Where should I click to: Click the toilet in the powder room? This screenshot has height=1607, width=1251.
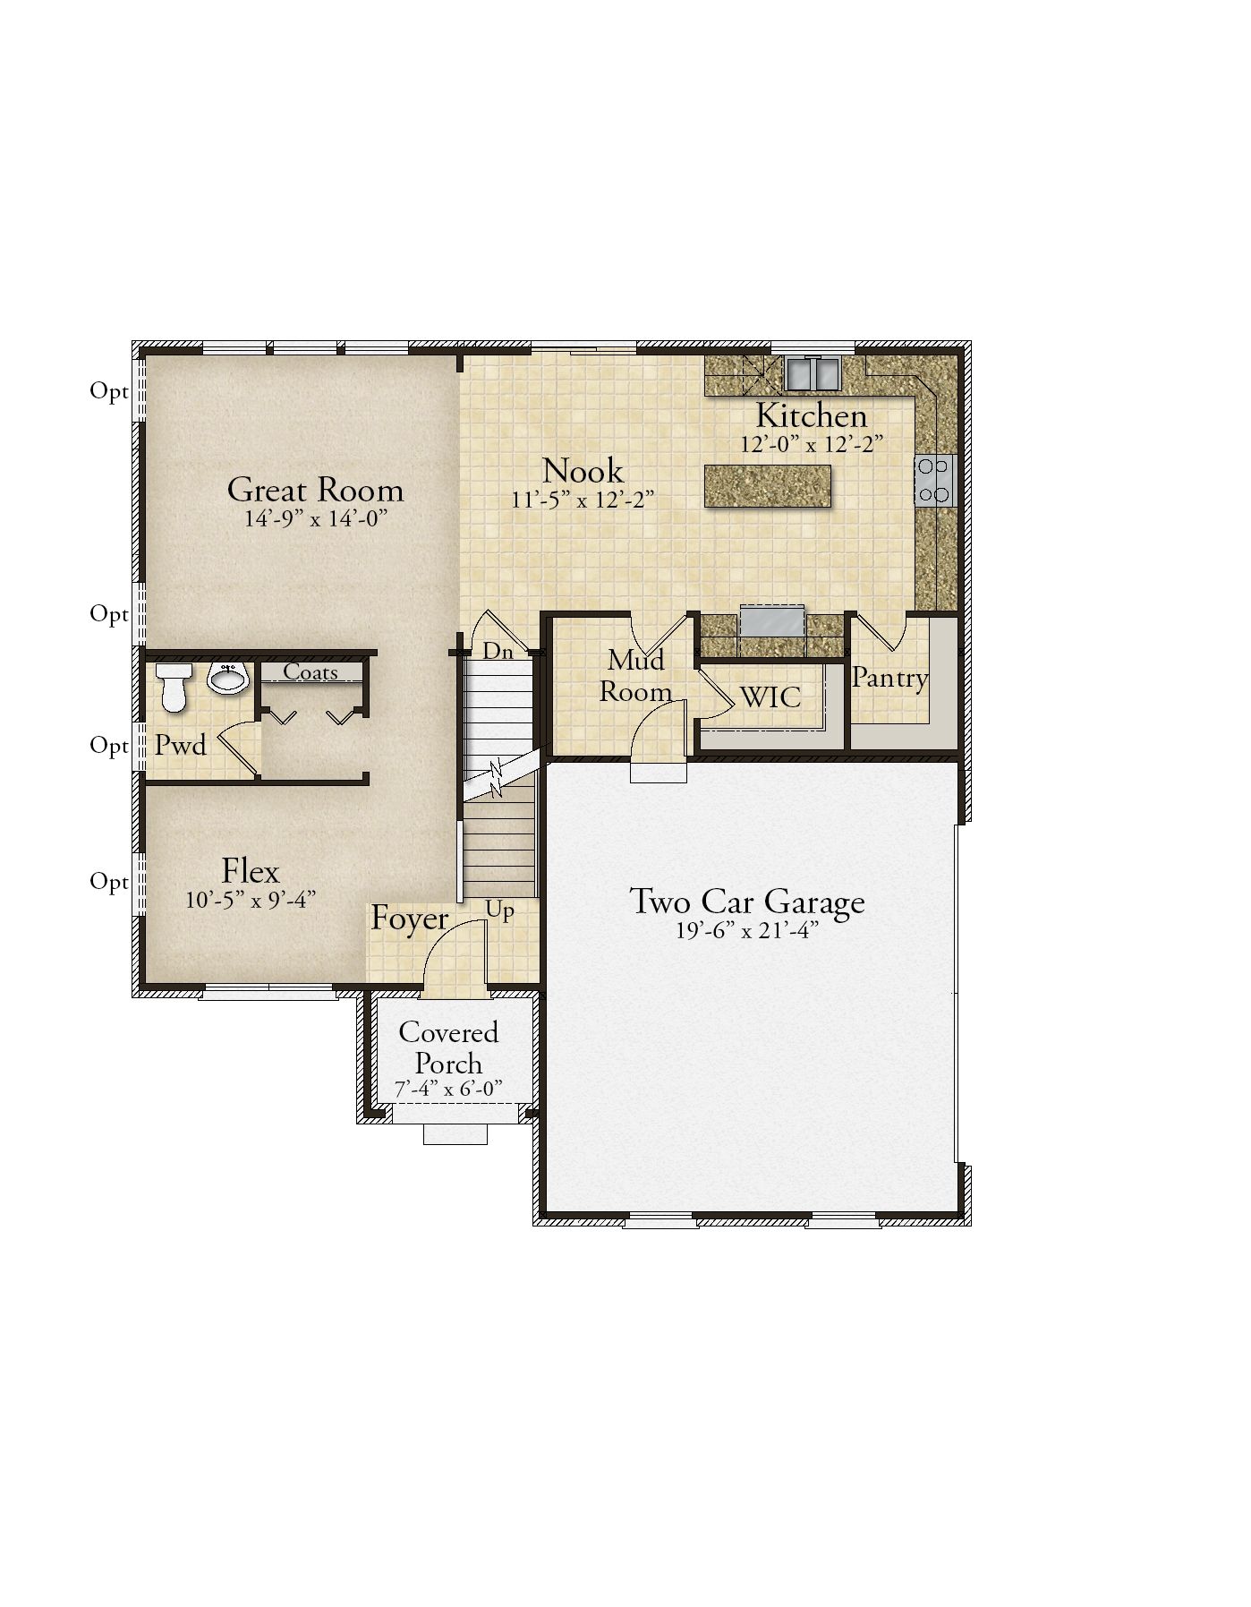(x=172, y=687)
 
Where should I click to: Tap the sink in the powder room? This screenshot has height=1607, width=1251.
(x=229, y=678)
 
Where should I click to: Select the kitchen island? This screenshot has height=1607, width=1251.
(x=768, y=486)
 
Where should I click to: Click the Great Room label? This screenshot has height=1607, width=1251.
(x=315, y=490)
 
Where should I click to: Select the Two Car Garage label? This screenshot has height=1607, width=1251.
(x=747, y=901)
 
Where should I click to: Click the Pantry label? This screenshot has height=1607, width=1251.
(x=889, y=679)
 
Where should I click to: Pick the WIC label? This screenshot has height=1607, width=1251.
(x=770, y=697)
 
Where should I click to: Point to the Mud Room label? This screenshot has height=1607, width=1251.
(x=636, y=676)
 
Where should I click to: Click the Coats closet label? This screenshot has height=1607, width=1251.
(x=311, y=671)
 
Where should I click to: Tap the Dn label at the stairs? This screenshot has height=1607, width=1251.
(x=498, y=652)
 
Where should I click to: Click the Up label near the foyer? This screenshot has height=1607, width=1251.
(x=500, y=910)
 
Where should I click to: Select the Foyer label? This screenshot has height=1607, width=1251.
(x=410, y=919)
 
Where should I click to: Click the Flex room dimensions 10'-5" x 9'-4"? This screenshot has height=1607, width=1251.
(x=251, y=900)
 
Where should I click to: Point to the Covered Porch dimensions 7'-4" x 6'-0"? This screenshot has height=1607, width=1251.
(x=448, y=1089)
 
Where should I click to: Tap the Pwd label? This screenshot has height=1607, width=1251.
(x=181, y=745)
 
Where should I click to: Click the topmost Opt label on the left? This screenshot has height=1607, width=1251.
(x=109, y=391)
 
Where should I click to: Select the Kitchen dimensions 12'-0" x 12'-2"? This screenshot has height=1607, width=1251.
(x=812, y=444)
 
